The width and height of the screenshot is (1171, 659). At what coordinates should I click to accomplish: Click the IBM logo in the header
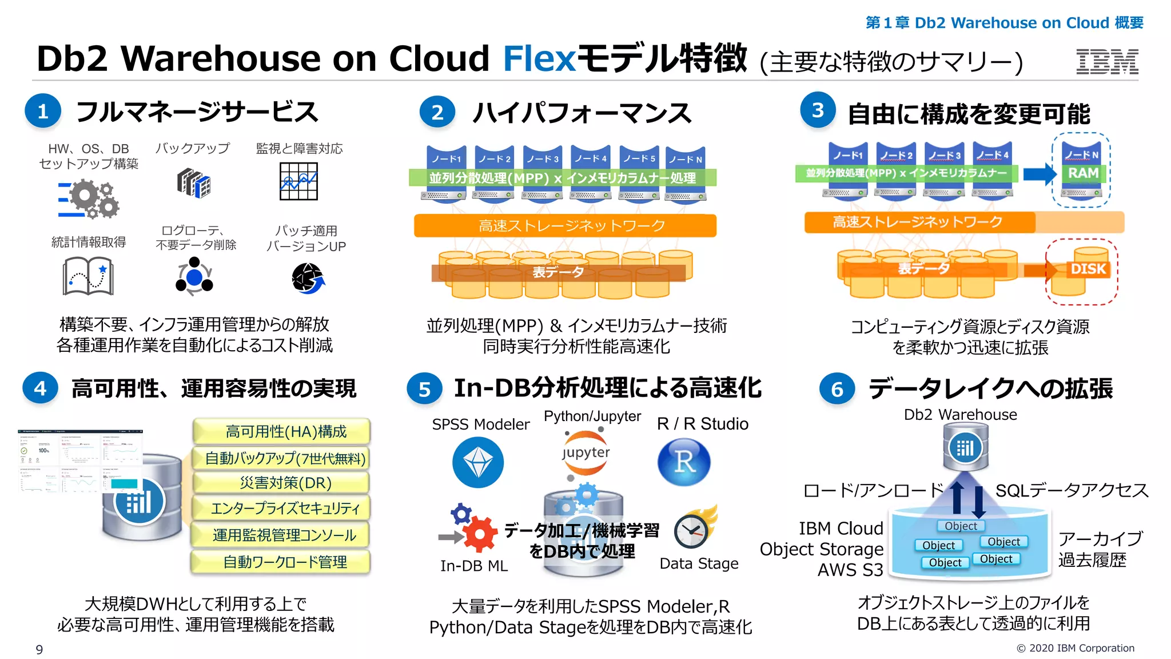coord(1107,62)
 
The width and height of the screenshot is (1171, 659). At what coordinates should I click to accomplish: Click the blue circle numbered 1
coord(43,111)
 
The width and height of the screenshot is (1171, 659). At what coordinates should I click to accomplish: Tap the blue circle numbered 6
coord(837,389)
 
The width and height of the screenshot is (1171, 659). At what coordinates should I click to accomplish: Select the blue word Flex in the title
coord(539,58)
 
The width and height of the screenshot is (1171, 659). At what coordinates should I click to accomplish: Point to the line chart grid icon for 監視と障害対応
coord(298,181)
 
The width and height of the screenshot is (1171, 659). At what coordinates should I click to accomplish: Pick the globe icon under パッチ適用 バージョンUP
coord(308,278)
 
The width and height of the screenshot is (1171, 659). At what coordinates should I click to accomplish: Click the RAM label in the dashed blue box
coord(1083,173)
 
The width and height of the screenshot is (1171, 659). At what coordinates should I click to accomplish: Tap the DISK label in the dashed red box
coord(1088,269)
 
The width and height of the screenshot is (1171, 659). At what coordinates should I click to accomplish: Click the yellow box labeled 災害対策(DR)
coord(281,483)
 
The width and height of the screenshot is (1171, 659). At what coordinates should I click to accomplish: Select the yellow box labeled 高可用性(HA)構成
coord(281,431)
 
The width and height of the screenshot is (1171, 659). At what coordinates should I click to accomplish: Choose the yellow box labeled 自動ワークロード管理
coord(281,562)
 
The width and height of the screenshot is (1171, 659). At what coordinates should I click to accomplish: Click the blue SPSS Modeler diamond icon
coord(478,462)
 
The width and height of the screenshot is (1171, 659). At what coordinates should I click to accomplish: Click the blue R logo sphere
coord(684,462)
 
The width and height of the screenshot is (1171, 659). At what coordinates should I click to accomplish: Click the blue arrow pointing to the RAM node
coord(1039,173)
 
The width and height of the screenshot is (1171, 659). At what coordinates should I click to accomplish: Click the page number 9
coord(39,649)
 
